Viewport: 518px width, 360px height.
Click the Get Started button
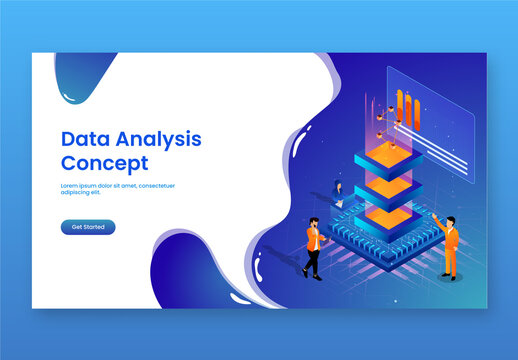coord(88,227)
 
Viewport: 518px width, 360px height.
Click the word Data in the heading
coord(83,139)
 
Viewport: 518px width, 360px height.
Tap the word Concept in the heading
coord(104,163)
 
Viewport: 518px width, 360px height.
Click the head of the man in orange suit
coord(452,221)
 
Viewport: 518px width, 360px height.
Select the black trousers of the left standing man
coord(312,261)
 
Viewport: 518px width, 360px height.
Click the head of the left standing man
coord(314,223)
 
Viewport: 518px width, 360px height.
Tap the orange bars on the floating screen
coord(407,105)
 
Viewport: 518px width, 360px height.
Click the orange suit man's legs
coord(451,263)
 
